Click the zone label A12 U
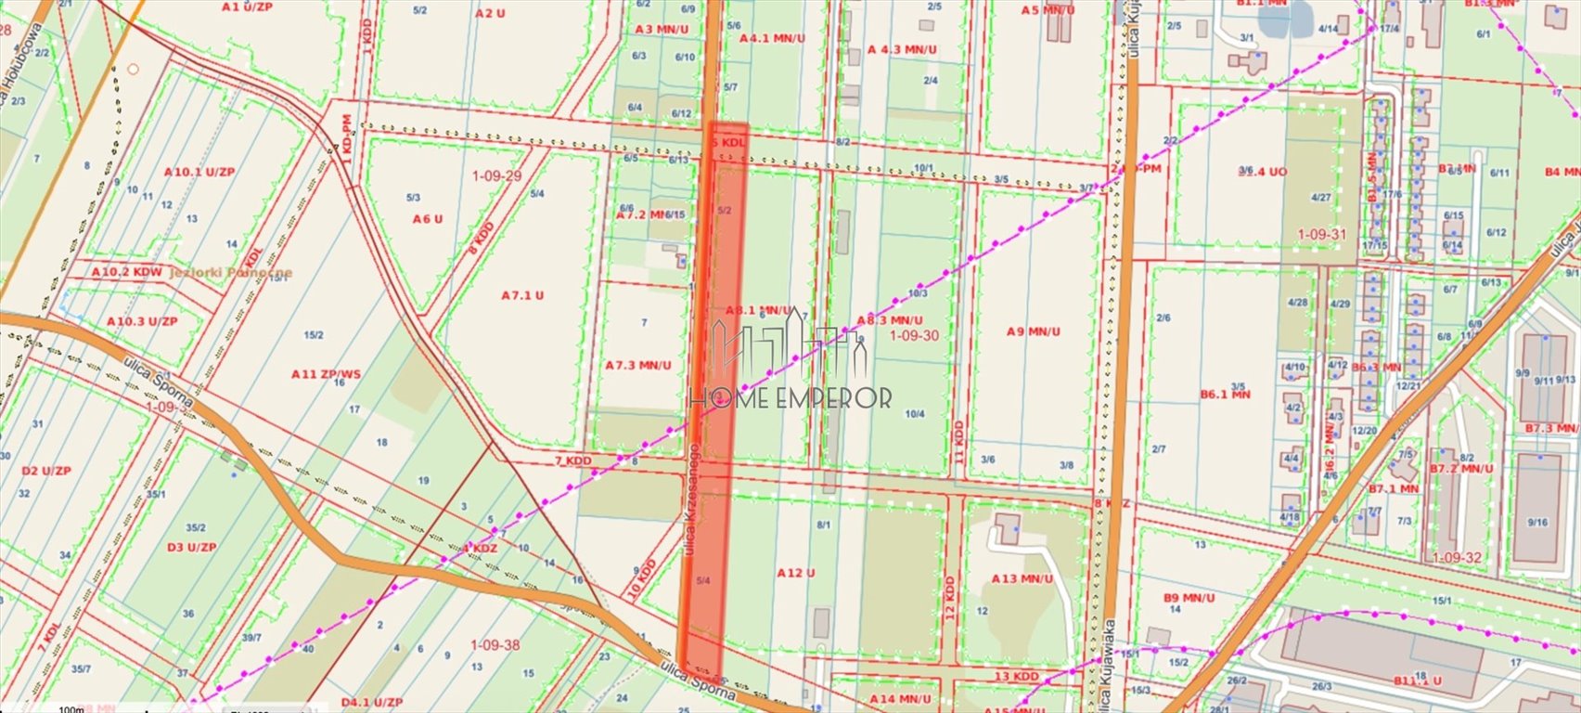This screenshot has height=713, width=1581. tap(796, 573)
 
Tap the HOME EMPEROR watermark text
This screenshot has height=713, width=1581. tap(790, 398)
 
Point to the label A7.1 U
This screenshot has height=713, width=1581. tap(522, 295)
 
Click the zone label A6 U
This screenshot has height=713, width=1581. tap(427, 219)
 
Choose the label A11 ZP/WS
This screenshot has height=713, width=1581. tap(326, 374)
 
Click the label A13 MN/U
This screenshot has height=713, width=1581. tap(1022, 578)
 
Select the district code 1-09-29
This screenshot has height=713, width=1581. tap(496, 175)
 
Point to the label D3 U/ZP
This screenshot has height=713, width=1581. tap(191, 547)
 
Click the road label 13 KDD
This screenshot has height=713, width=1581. tap(1016, 676)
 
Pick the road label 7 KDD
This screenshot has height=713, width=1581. tap(572, 460)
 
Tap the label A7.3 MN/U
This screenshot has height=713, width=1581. tap(637, 365)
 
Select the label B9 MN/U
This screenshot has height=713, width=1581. tap(1188, 597)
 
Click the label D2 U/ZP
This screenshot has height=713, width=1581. tap(45, 471)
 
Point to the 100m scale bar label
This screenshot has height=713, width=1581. tap(71, 709)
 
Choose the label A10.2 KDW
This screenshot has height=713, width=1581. tap(127, 272)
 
